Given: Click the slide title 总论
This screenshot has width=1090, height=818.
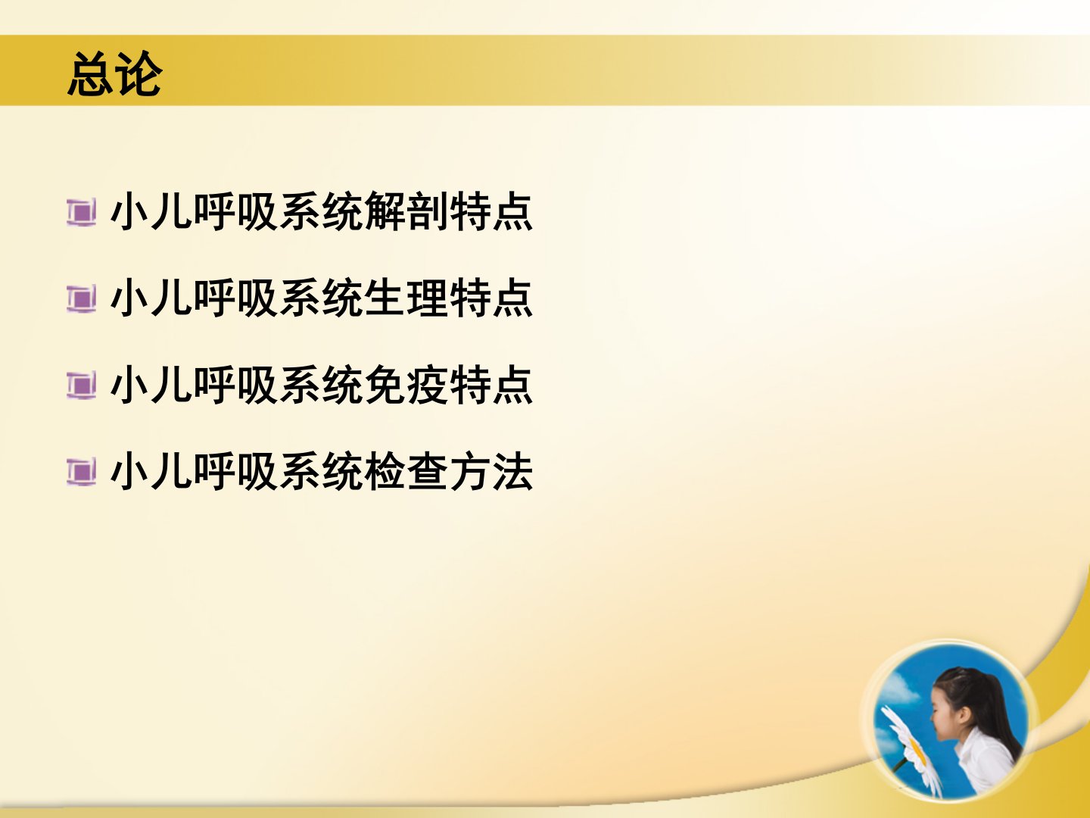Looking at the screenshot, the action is (x=115, y=74).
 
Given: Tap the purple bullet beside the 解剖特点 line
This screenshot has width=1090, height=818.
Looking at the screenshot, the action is (x=81, y=213).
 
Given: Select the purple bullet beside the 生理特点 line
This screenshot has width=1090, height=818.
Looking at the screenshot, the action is (x=81, y=299).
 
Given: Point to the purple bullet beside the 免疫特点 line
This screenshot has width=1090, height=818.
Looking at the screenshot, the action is (x=81, y=386).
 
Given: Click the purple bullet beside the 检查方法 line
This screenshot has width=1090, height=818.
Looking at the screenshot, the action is (x=81, y=473).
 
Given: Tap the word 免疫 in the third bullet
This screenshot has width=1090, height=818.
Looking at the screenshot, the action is (x=406, y=385).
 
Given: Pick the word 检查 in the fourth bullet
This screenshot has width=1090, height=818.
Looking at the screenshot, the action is (x=406, y=471).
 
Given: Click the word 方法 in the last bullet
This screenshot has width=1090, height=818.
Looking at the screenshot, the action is (x=491, y=471).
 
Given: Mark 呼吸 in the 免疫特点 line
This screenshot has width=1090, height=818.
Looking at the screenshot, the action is (x=236, y=385).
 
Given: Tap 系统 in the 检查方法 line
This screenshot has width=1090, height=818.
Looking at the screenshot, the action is (x=321, y=471).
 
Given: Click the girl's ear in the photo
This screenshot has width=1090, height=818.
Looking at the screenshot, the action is (x=964, y=716).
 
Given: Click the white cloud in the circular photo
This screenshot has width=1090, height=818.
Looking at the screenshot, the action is (x=898, y=690).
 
